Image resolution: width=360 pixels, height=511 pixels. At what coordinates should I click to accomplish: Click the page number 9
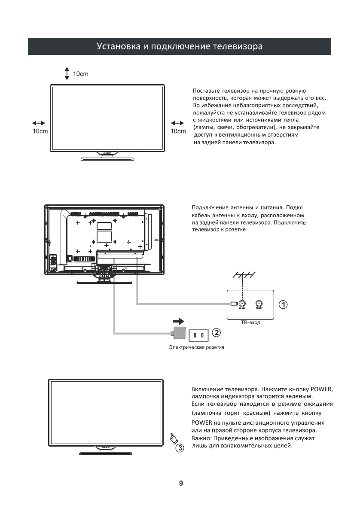point(181,483)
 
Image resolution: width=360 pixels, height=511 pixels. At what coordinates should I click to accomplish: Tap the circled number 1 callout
point(283,304)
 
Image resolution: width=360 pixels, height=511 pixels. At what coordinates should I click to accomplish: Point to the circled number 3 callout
point(180,448)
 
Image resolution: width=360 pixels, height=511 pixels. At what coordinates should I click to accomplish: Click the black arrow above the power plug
point(178,321)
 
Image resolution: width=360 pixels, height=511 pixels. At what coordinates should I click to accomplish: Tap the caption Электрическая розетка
point(196,347)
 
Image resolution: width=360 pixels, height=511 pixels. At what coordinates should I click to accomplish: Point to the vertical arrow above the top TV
point(67,73)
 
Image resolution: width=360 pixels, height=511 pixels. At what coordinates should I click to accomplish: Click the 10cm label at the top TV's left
point(40,131)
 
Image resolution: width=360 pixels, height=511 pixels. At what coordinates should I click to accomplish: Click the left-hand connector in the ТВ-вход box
point(242,303)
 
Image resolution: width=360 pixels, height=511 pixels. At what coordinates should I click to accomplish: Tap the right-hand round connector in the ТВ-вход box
point(259,303)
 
